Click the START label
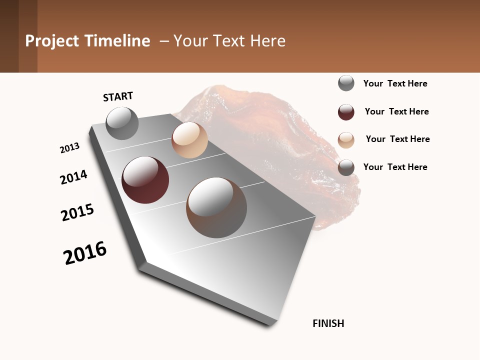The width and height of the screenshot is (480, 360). [x=118, y=96]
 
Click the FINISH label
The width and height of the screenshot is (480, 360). [x=328, y=323]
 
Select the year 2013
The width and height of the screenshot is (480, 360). [x=69, y=148]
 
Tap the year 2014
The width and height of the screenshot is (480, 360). [x=73, y=177]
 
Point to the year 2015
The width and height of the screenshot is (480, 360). [x=77, y=212]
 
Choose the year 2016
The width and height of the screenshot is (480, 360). [x=85, y=252]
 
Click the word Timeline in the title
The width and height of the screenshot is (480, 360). [x=117, y=41]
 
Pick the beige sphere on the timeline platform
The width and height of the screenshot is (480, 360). [x=189, y=140]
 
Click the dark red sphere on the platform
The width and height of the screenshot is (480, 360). [x=145, y=180]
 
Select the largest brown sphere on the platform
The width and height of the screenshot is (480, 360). [x=216, y=207]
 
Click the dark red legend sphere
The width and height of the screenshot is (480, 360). [x=346, y=112]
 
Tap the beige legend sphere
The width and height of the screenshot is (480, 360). [x=346, y=140]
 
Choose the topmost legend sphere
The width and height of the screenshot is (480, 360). [x=346, y=83]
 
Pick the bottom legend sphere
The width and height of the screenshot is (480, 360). [x=346, y=167]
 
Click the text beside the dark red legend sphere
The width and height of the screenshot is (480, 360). [x=396, y=111]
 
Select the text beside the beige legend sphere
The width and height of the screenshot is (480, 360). [x=397, y=139]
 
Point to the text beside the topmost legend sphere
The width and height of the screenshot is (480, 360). [x=395, y=83]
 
